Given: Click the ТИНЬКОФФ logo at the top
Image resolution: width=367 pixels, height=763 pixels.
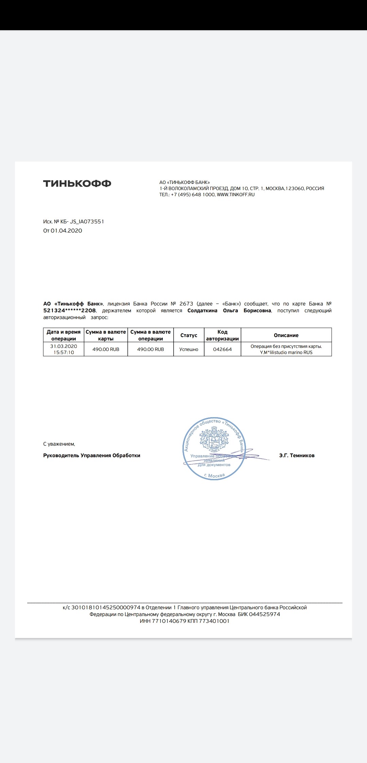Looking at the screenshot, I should click(77, 184).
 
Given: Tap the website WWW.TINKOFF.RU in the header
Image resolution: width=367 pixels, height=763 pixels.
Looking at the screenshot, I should click(235, 195).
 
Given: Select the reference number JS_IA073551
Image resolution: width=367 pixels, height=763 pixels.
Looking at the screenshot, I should click(87, 222).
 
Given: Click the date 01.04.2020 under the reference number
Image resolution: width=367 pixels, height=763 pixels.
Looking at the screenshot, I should click(66, 231).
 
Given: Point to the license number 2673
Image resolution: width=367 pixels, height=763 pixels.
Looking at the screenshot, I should click(186, 304).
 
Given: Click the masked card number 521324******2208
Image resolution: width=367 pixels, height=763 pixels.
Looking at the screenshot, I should click(70, 311).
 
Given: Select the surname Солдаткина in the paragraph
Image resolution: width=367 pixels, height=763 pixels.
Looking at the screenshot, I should click(202, 311).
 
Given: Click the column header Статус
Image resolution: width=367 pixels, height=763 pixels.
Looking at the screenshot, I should click(189, 335).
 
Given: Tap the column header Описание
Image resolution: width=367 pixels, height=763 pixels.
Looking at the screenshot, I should click(286, 335).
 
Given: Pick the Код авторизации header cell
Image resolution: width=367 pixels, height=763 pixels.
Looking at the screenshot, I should click(222, 335).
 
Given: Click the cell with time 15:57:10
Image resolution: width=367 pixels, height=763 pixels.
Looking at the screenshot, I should click(64, 353).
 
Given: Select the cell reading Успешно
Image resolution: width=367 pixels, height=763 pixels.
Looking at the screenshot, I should click(189, 349).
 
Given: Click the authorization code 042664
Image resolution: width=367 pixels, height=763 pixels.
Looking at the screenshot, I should click(222, 349).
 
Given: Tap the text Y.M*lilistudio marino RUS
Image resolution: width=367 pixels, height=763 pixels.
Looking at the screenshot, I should click(286, 353).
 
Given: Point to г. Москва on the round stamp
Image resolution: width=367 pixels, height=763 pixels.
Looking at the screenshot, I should click(214, 475).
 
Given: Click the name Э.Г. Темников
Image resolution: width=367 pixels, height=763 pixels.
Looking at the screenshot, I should click(297, 455).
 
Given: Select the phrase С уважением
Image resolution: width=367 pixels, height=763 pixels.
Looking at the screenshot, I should click(59, 444).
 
